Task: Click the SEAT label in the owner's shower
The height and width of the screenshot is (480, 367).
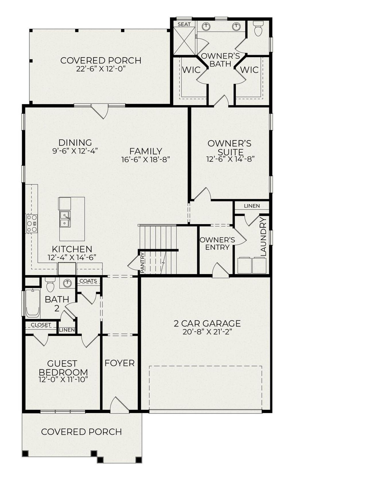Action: (x=184, y=24)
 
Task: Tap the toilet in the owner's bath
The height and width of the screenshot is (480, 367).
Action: (x=258, y=29)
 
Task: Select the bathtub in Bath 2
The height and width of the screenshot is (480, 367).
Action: (x=32, y=303)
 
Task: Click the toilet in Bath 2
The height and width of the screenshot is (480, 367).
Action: (x=50, y=284)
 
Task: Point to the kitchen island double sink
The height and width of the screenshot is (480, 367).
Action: (x=65, y=219)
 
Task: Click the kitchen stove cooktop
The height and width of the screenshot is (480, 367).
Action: (x=31, y=224)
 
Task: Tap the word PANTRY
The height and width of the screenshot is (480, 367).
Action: (x=142, y=262)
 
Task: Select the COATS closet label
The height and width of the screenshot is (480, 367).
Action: (x=88, y=281)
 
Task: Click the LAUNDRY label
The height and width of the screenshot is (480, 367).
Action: (x=263, y=236)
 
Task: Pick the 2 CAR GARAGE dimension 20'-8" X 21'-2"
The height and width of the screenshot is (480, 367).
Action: (x=207, y=332)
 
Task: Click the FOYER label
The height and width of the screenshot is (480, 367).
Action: (x=120, y=363)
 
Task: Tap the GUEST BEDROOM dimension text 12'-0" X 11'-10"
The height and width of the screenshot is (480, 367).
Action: (x=63, y=379)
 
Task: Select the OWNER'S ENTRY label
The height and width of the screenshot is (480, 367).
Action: (x=217, y=243)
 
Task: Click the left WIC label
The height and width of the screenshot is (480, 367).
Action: (x=191, y=70)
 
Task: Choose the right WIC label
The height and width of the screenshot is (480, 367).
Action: (x=249, y=70)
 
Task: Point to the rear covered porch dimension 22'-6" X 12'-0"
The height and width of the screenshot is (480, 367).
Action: (x=101, y=69)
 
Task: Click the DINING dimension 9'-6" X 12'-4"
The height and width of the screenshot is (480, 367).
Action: (x=75, y=151)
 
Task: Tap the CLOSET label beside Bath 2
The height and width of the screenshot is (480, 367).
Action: (x=41, y=325)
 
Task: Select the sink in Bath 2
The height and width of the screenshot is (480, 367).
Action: (x=67, y=283)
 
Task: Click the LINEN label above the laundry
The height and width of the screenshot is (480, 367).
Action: (x=252, y=206)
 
